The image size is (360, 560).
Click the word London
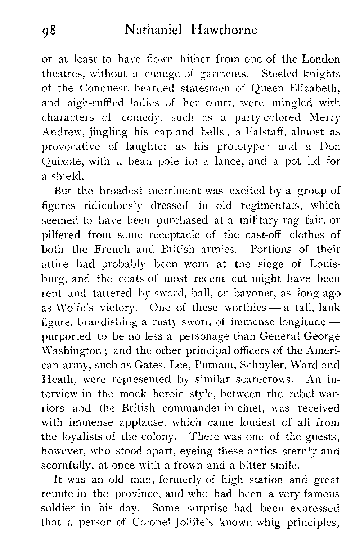click(320, 59)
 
